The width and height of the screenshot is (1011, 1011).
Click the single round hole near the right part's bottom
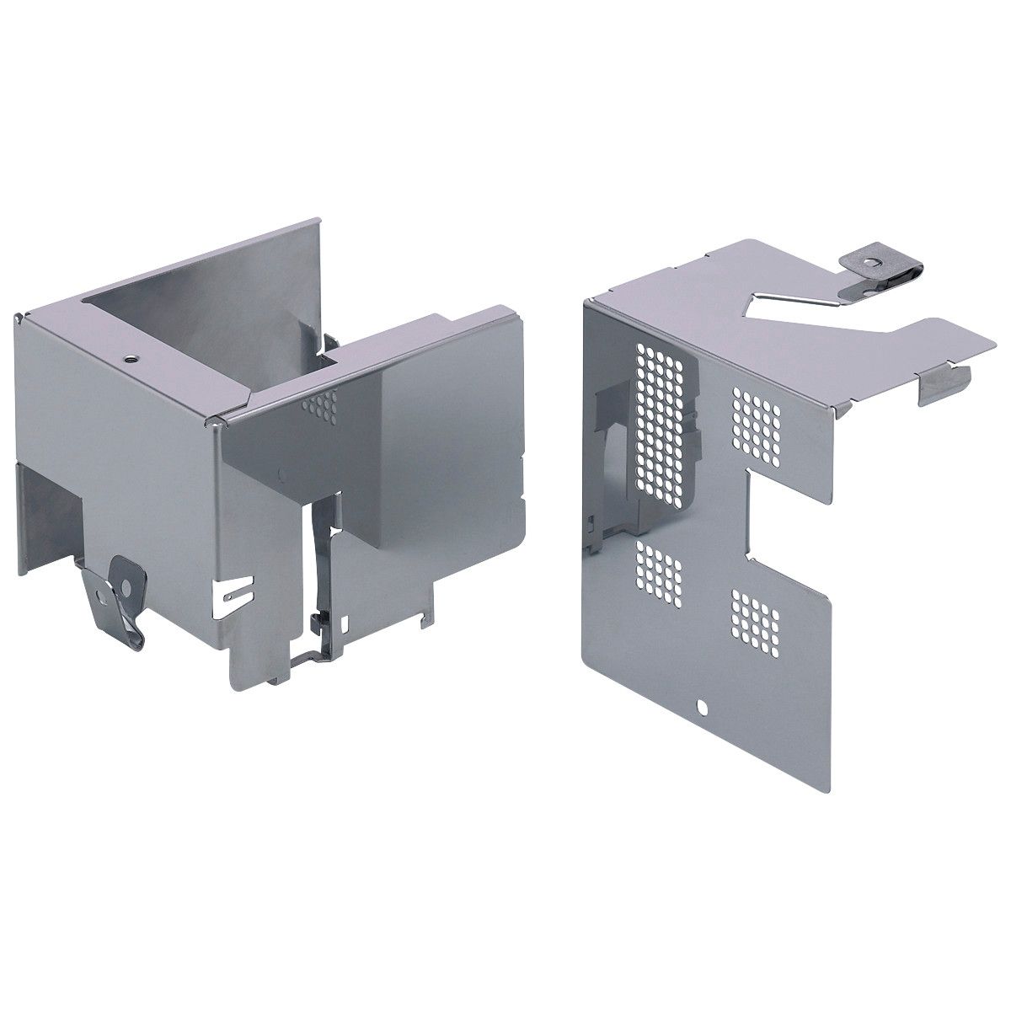pyautogui.click(x=701, y=705)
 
